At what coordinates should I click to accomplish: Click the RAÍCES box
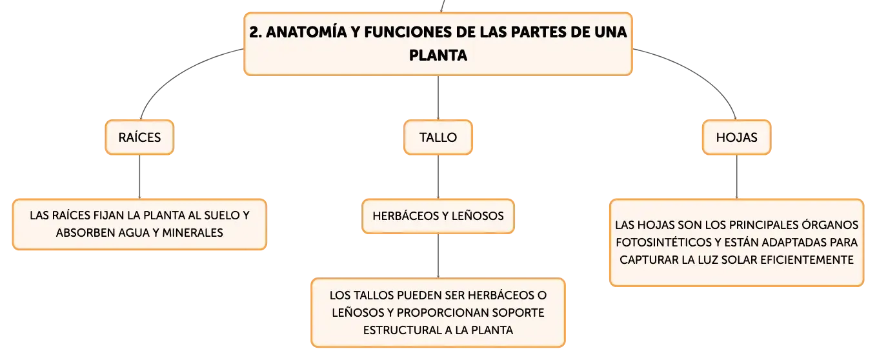[139, 137]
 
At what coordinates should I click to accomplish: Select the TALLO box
[438, 137]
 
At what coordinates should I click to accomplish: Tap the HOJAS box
[736, 137]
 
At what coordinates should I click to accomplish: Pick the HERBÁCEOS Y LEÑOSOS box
[438, 216]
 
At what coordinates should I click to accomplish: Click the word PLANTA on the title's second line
[438, 55]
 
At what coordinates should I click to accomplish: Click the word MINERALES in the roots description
[192, 233]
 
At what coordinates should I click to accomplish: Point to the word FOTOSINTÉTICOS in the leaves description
[664, 242]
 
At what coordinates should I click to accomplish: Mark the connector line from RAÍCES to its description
[139, 177]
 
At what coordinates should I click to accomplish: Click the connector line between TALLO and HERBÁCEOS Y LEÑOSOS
[438, 177]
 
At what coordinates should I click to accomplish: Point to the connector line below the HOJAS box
[737, 177]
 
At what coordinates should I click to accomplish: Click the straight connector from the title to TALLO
[438, 98]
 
